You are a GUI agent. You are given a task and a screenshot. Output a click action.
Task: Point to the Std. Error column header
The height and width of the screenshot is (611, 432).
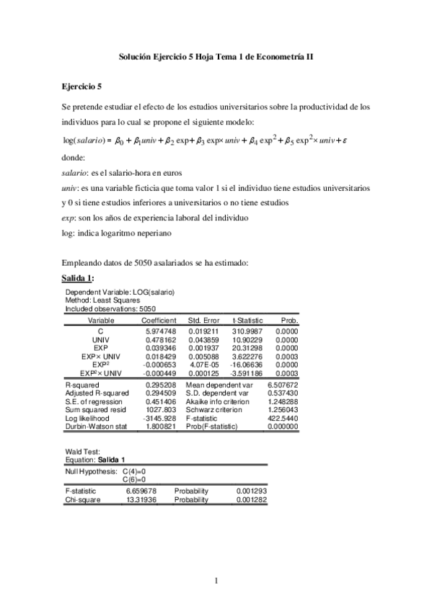click(x=203, y=320)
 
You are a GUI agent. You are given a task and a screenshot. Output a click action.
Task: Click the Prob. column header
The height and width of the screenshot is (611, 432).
click(x=289, y=320)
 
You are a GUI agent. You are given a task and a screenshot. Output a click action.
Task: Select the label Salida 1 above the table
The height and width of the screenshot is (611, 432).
click(x=79, y=278)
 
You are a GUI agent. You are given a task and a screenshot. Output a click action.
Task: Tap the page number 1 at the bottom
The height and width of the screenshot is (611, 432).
click(x=216, y=580)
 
